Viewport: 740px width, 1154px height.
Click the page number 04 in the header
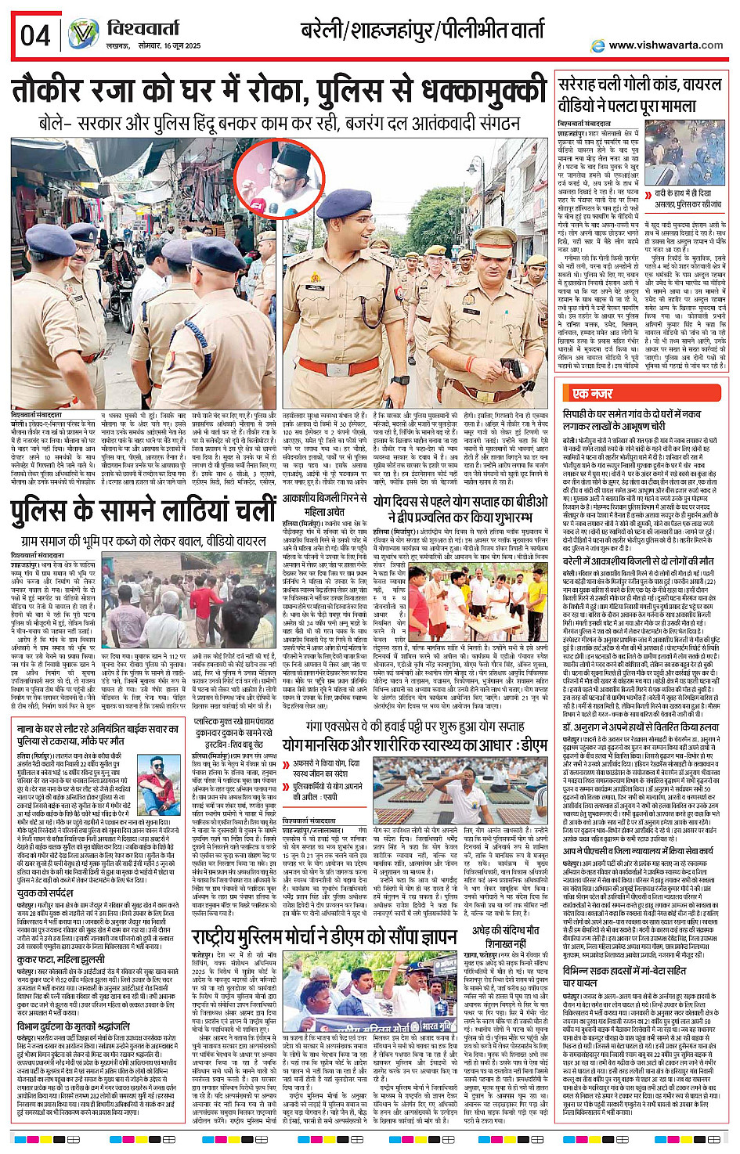[x=35, y=35]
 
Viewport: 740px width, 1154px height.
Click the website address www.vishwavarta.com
[x=666, y=45]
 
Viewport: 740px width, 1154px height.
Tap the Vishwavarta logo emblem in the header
[x=83, y=34]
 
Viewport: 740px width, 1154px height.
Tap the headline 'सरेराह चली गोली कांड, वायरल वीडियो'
[x=639, y=95]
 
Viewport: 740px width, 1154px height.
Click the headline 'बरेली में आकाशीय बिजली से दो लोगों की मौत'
[x=638, y=561]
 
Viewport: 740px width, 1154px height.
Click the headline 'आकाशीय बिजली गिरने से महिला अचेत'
[x=324, y=504]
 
